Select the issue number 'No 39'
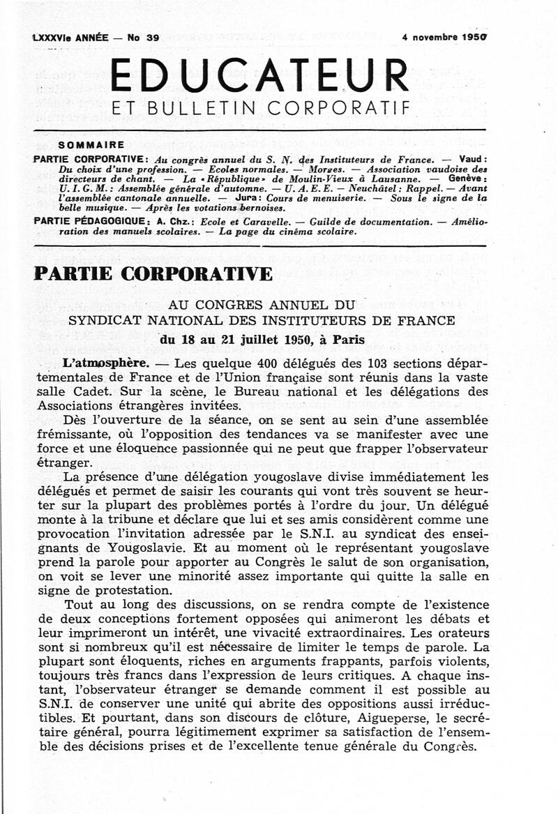pos(143,38)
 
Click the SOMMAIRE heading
pos(92,145)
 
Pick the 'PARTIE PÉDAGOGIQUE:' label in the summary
pos(91,221)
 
